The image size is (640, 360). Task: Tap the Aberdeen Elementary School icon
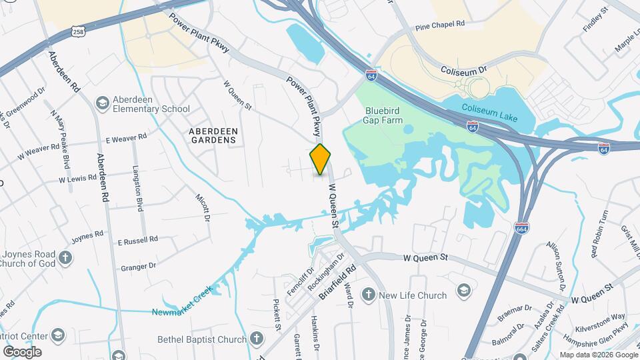pyautogui.click(x=102, y=103)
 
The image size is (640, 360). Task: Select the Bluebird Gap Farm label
pyautogui.click(x=384, y=115)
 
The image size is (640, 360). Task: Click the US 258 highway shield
pyautogui.click(x=77, y=33)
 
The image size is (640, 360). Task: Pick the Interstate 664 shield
pyautogui.click(x=522, y=228)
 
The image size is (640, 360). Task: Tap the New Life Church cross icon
pyautogui.click(x=368, y=295)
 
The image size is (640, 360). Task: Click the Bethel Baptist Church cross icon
pyautogui.click(x=258, y=339)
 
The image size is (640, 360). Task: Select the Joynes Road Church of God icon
pyautogui.click(x=65, y=257)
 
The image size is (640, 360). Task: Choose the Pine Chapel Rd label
pyautogui.click(x=439, y=25)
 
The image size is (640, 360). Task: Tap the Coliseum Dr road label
pyautogui.click(x=465, y=69)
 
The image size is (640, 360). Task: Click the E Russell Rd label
pyautogui.click(x=137, y=239)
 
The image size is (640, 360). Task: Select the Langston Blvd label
pyautogui.click(x=139, y=189)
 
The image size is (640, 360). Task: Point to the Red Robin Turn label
pyautogui.click(x=599, y=234)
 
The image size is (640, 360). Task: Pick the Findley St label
pyautogui.click(x=597, y=20)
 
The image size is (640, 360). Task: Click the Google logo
pyautogui.click(x=22, y=351)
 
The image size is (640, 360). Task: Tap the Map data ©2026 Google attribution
pyautogui.click(x=598, y=355)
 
